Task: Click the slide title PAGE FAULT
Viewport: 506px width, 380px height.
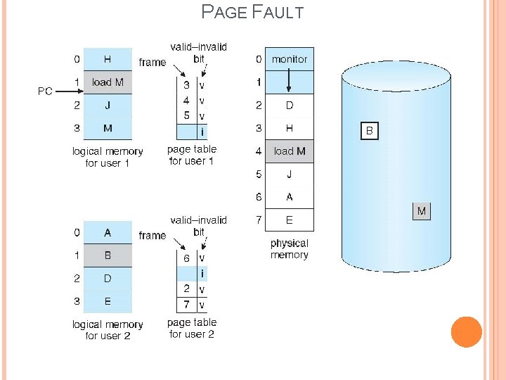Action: coord(252,12)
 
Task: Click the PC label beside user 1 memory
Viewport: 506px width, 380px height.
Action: coord(45,91)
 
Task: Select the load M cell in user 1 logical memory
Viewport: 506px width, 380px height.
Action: coord(108,82)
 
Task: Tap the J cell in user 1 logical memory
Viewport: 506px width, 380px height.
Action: coord(108,106)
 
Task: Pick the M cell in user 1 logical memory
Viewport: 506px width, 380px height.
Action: coord(108,128)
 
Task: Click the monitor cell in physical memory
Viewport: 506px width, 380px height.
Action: coord(290,59)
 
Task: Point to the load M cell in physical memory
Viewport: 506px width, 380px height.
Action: coord(290,151)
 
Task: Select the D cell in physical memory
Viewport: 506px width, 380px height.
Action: coord(290,106)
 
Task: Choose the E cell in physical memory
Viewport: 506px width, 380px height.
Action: coord(290,220)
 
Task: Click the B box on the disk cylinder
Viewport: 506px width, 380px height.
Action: coord(370,131)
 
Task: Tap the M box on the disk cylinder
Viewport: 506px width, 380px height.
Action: coord(421,211)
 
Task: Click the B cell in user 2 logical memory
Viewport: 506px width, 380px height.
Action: coord(108,255)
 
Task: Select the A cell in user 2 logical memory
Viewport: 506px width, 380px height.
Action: coord(108,232)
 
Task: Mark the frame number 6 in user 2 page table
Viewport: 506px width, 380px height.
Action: coord(186,258)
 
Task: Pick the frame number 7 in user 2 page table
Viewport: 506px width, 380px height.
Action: coord(186,305)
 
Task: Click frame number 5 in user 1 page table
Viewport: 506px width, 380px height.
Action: coord(186,115)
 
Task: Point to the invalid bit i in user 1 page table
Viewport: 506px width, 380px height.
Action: coord(202,131)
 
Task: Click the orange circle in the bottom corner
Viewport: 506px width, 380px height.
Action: coord(467,332)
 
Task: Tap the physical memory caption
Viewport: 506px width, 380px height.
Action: coord(290,249)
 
